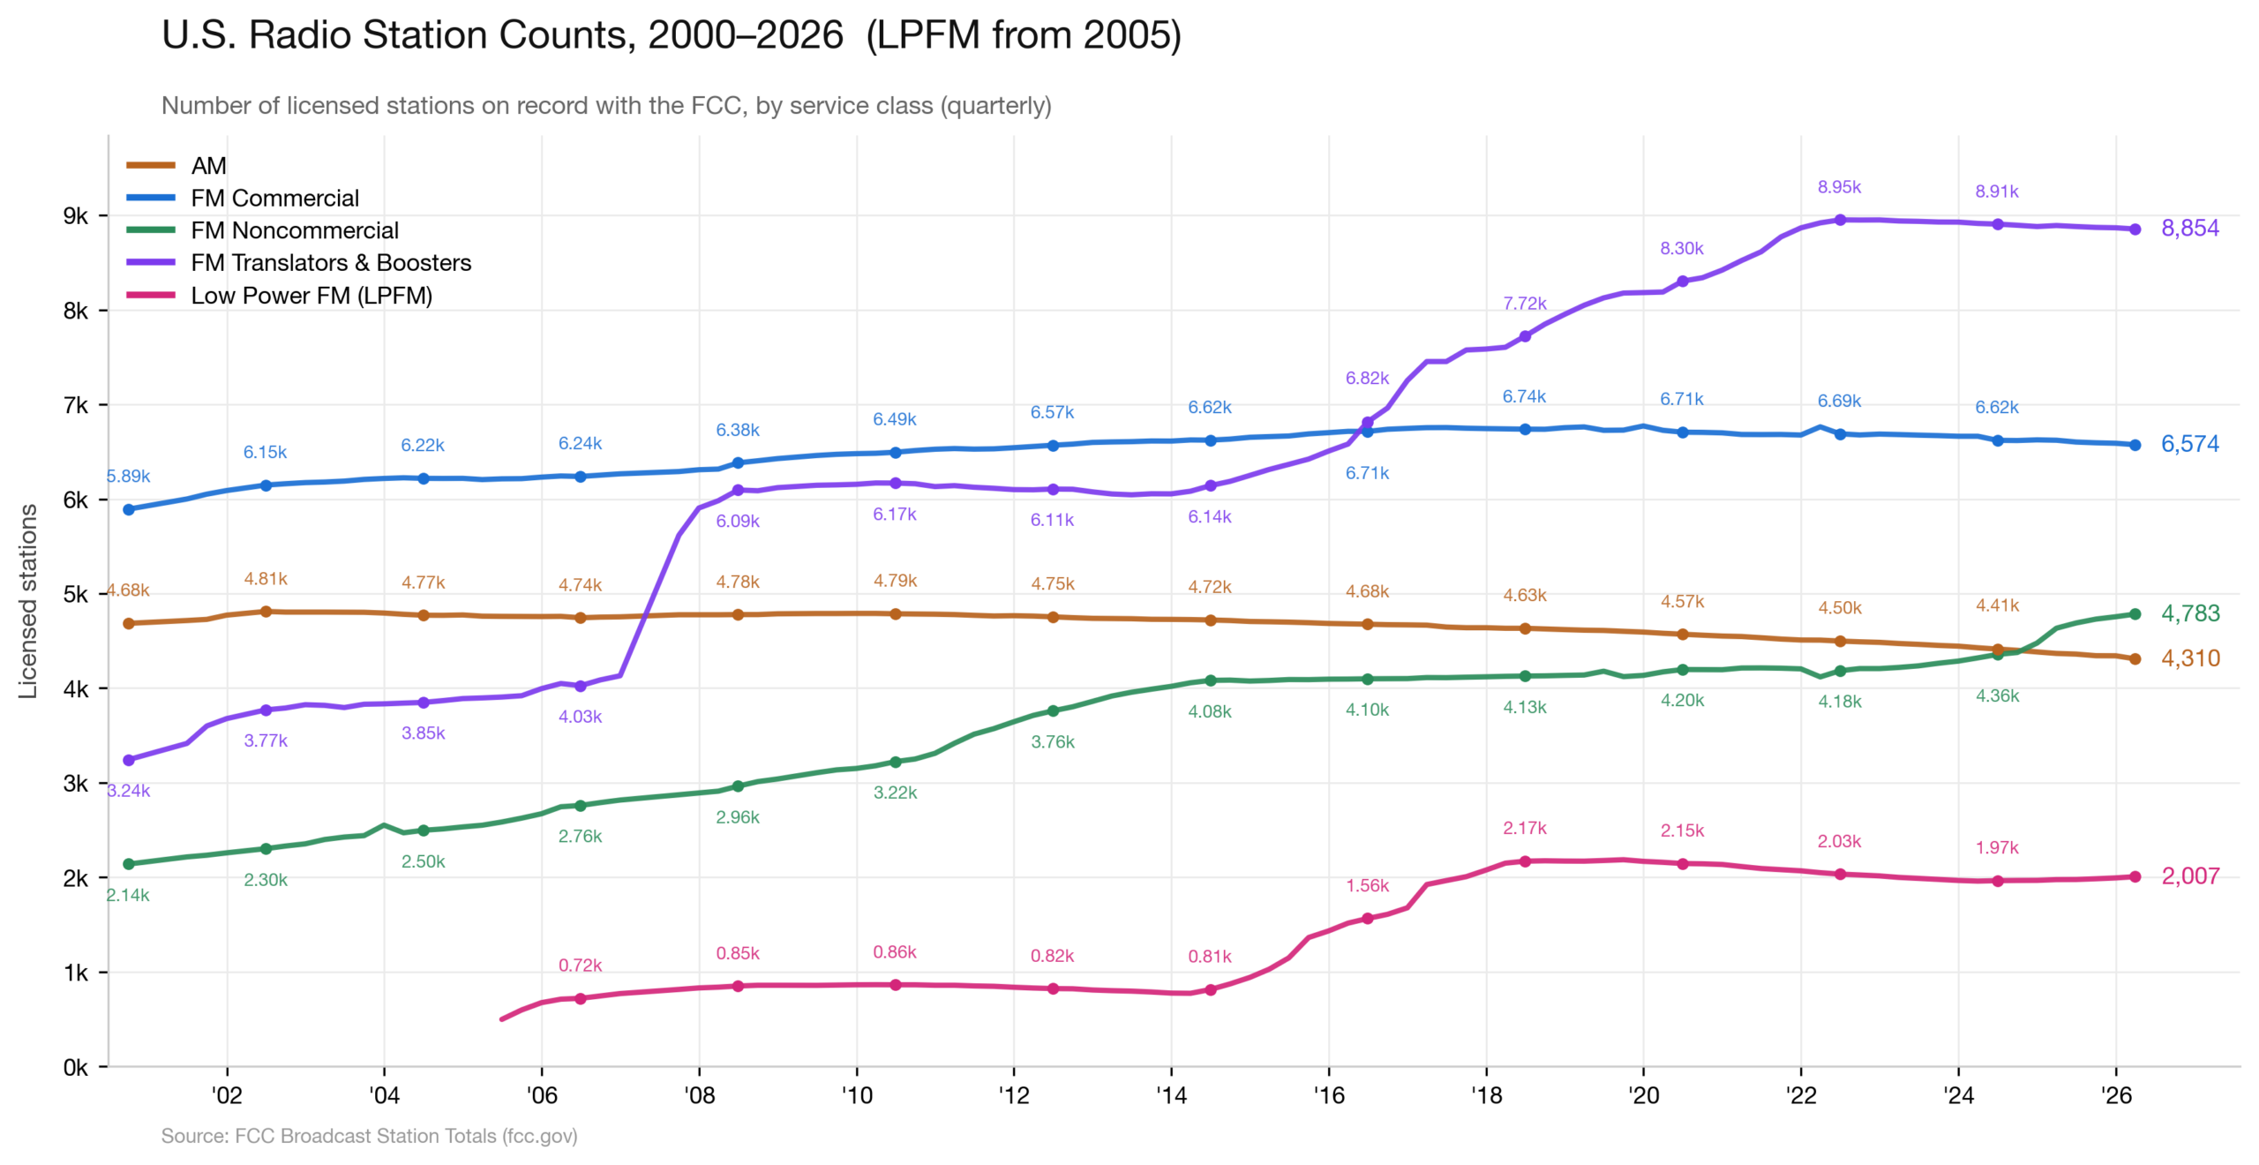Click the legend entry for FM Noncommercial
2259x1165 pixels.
pos(294,230)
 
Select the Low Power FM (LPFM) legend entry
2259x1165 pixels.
pos(311,296)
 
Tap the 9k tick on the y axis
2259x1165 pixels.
pos(76,216)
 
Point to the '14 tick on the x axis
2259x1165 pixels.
pos(1171,1095)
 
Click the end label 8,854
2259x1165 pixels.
pos(2189,229)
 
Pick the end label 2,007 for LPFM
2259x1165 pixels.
pos(2189,876)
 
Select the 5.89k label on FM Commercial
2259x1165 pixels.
pos(129,477)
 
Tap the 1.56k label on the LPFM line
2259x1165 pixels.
pos(1367,885)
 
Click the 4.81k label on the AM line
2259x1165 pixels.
pos(266,579)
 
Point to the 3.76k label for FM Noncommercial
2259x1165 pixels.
pos(1052,742)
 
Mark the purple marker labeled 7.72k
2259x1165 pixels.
pos(1525,336)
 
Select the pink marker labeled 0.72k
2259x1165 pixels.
pos(580,999)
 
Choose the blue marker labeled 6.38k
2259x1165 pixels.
pos(738,462)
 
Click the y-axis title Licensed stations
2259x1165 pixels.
pos(28,601)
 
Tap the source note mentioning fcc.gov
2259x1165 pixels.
pos(369,1136)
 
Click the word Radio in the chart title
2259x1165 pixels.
pos(298,35)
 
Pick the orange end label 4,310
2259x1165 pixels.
pos(2189,658)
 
